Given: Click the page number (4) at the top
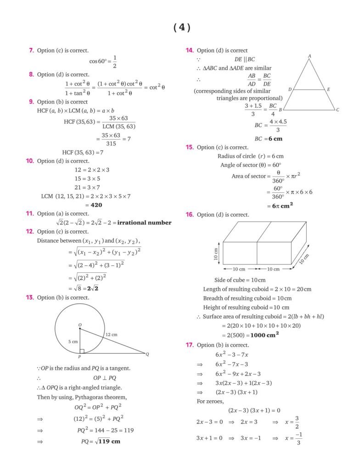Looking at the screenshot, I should click(x=182, y=28).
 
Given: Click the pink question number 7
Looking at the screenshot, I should click(x=32, y=50).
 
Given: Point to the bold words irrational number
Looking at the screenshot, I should click(x=145, y=223).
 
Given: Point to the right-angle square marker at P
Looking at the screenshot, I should click(x=82, y=351).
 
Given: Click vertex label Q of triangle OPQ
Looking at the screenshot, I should click(x=147, y=354).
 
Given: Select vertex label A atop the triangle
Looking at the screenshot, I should click(x=309, y=56).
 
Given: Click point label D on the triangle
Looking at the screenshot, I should click(x=290, y=89).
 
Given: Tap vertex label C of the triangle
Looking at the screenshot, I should click(x=337, y=110).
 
